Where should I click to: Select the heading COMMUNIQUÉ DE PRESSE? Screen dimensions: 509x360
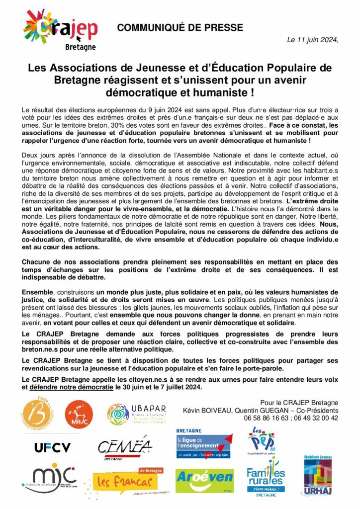click(x=180, y=28)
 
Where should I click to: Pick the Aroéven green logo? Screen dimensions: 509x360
click(x=204, y=480)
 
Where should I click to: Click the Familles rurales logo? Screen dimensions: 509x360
click(x=266, y=480)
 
